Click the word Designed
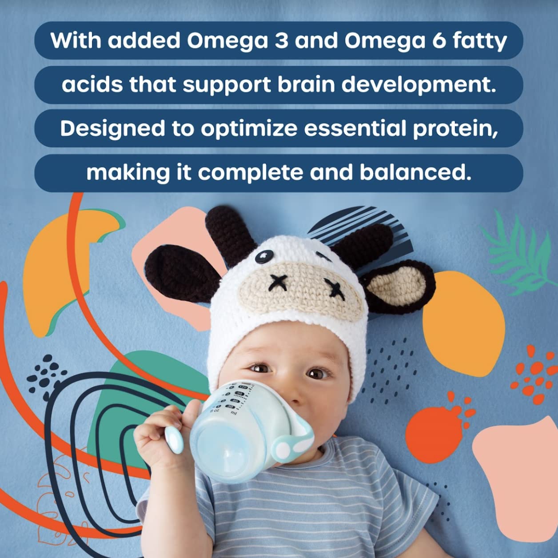tap(112, 128)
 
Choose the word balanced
tap(415, 172)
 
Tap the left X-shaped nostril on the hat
tap(279, 282)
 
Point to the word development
tap(418, 85)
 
